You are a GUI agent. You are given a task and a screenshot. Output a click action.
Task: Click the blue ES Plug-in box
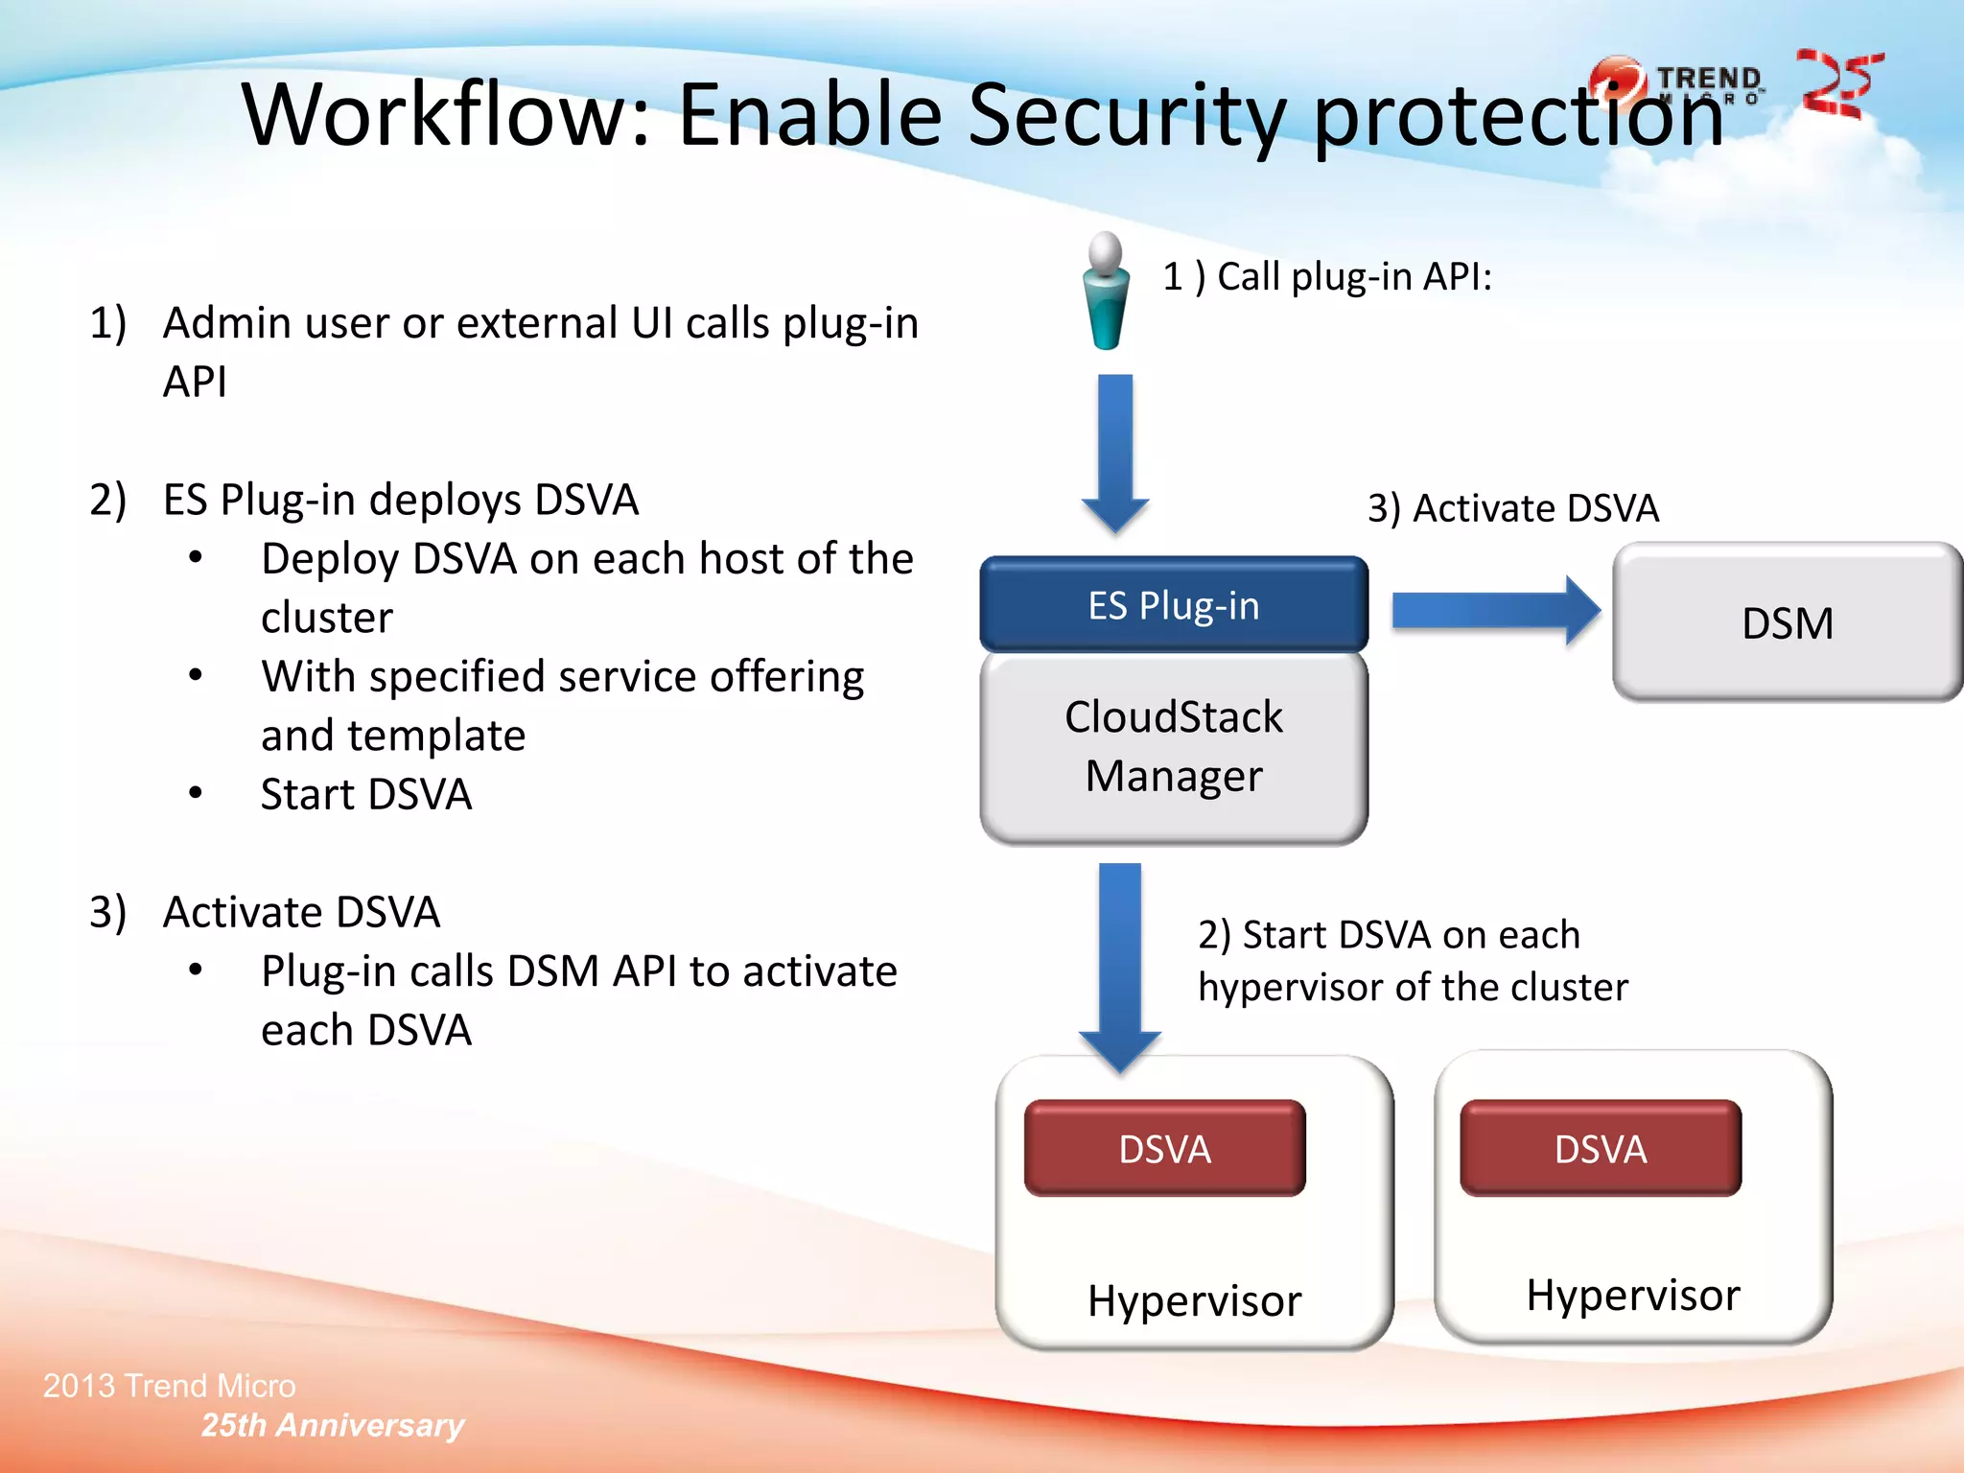1173,605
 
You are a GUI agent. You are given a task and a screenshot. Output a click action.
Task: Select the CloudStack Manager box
1173,747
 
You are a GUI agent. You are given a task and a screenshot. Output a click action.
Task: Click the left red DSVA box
1164,1149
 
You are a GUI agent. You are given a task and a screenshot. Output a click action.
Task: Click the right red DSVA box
1600,1149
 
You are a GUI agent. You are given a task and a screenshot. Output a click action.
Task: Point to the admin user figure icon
1106,292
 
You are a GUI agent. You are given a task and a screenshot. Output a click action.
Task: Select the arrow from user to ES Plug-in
1114,451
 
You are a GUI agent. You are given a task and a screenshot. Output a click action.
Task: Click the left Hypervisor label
1194,1301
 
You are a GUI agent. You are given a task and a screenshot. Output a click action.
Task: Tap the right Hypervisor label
1632,1296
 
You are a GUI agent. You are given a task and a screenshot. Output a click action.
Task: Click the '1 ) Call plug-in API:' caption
1326,277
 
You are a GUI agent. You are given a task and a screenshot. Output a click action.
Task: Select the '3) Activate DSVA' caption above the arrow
1512,508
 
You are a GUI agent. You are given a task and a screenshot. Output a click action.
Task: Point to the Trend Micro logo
1678,82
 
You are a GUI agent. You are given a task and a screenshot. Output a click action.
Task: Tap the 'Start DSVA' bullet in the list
366,795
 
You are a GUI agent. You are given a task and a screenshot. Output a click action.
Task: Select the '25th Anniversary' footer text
332,1425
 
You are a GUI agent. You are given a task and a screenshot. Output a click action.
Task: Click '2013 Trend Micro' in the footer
170,1386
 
